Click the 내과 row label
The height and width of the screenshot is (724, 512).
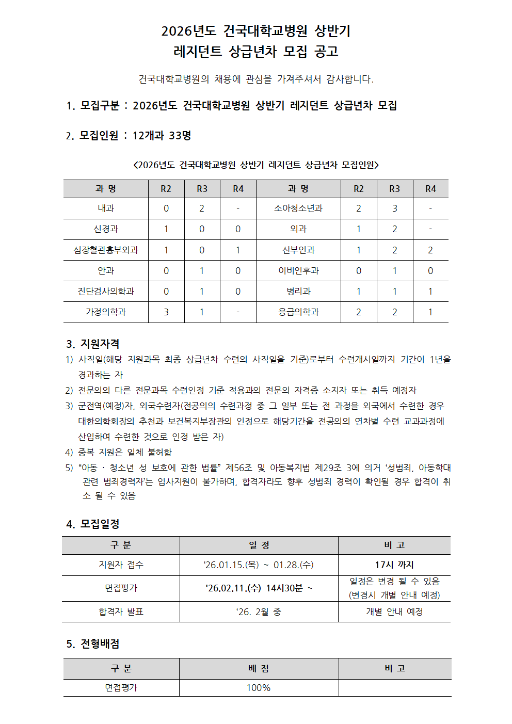[106, 208]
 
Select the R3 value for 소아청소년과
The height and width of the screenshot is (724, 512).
[395, 208]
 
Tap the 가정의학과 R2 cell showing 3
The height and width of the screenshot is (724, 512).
[166, 312]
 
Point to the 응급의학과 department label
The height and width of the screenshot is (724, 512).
[298, 312]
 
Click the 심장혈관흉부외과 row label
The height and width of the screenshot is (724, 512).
[106, 250]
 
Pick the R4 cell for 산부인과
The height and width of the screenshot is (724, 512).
[430, 250]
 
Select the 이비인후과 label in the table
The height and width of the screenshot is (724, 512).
[298, 271]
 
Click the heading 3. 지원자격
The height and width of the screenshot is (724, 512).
[93, 344]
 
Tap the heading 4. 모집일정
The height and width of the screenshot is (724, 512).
[93, 524]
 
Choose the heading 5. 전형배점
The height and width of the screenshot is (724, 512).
[93, 644]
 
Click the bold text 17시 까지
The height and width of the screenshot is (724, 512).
[394, 565]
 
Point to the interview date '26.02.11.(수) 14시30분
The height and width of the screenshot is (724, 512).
[259, 588]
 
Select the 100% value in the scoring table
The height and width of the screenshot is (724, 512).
[259, 688]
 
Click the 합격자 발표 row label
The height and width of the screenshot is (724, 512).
[121, 612]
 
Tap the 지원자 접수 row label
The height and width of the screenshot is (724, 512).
[121, 565]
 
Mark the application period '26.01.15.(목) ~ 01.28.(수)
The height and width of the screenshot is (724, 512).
[259, 565]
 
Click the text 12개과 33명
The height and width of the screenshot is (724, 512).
[162, 136]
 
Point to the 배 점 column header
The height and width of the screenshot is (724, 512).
[259, 669]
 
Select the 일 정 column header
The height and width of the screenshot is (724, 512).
[259, 545]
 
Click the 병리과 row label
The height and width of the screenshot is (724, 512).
[298, 292]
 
